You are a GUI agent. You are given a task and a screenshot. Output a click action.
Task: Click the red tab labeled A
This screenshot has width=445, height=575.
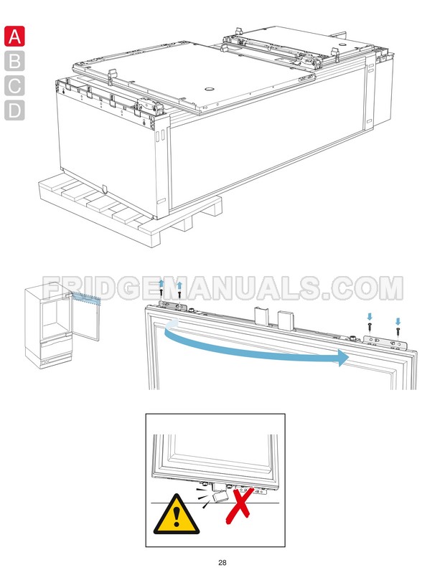[14, 36]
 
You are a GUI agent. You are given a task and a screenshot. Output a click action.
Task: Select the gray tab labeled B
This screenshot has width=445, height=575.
[14, 61]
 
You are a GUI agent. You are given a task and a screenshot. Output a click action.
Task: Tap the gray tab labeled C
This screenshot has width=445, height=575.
[14, 86]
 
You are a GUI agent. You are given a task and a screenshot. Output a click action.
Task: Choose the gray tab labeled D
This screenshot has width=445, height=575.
[14, 111]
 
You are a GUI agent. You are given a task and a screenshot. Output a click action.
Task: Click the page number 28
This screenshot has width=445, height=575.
[222, 562]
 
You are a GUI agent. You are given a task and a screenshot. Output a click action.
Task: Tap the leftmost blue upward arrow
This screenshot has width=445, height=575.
[161, 285]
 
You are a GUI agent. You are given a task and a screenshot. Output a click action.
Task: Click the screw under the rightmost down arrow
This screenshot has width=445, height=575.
[397, 333]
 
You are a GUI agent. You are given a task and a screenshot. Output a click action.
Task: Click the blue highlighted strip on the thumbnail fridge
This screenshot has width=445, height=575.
[86, 298]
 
